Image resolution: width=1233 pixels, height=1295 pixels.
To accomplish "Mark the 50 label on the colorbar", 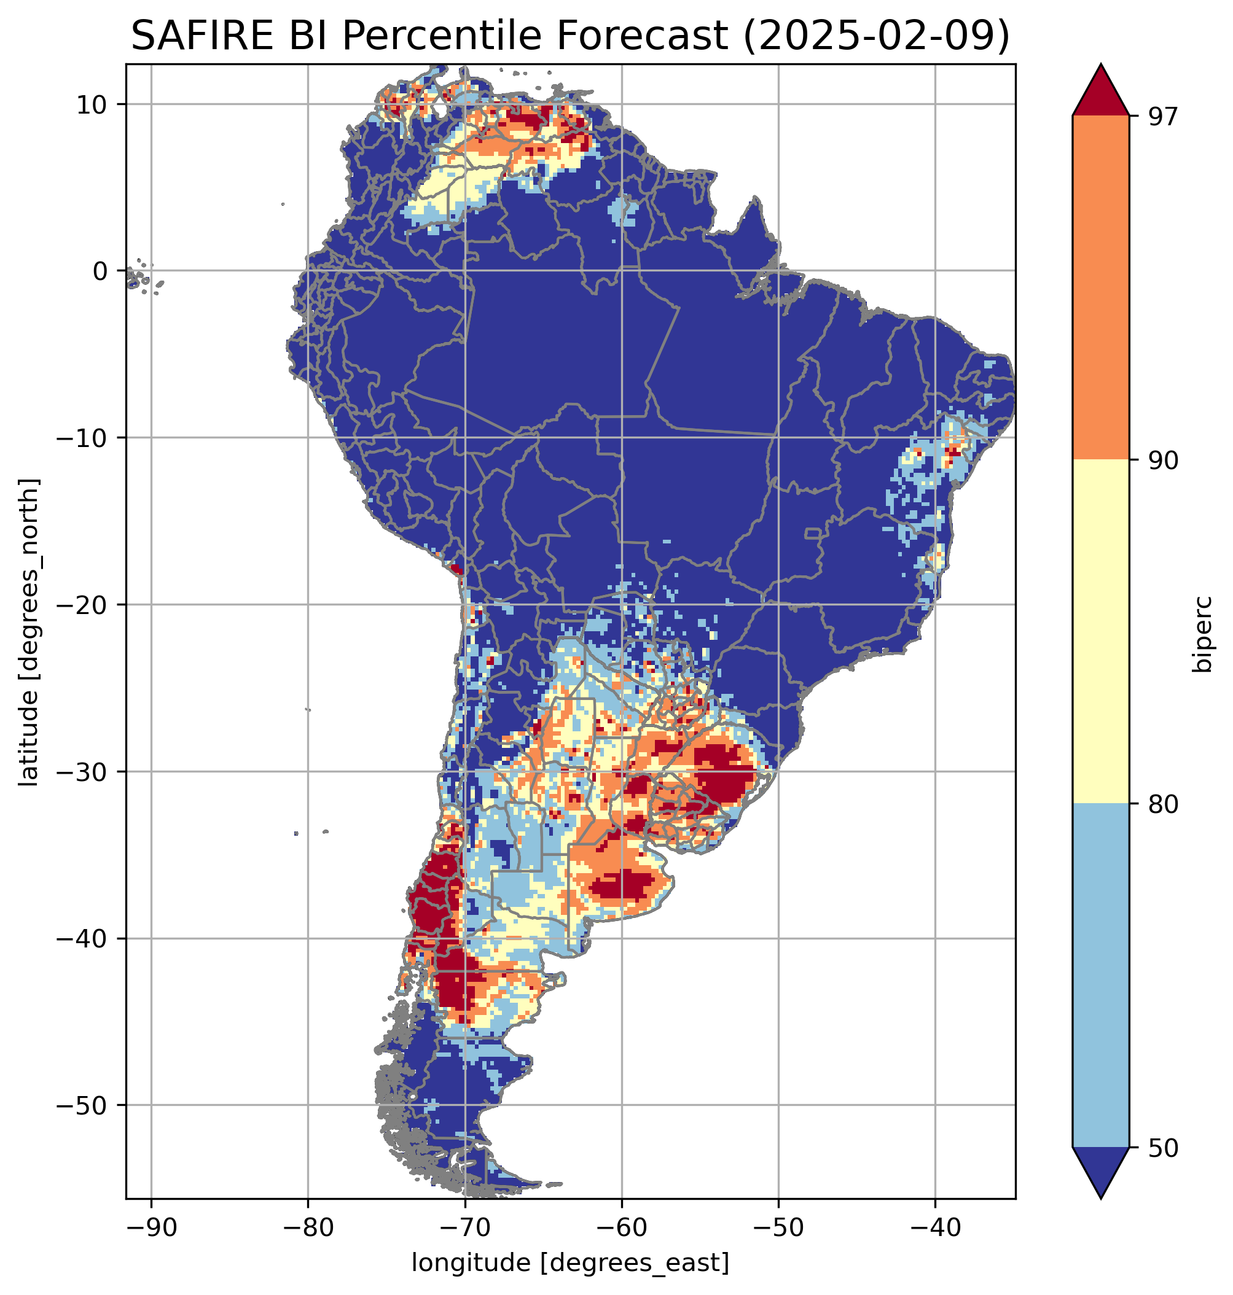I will coord(1162,1148).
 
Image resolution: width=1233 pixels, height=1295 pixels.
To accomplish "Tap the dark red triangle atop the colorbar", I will coord(1100,92).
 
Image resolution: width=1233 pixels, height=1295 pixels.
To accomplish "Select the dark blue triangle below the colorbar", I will coord(1100,1171).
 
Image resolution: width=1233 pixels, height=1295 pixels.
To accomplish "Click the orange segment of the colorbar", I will coord(1100,287).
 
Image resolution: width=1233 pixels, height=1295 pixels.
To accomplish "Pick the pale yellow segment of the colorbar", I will coord(1100,631).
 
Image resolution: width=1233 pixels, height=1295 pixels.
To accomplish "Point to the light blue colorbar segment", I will coord(1100,976).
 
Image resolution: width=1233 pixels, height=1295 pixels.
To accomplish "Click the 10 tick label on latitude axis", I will coord(92,104).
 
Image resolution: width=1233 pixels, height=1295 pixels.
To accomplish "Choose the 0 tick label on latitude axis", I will coord(100,271).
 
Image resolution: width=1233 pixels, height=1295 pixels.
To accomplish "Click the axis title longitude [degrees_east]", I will coord(570,1262).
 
